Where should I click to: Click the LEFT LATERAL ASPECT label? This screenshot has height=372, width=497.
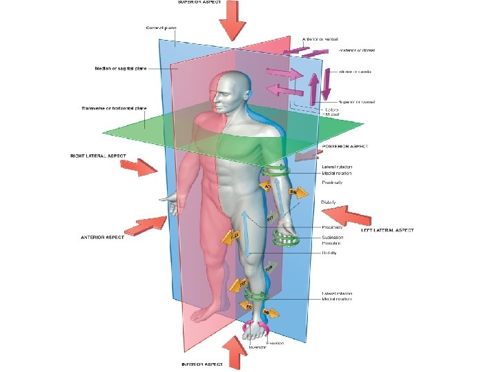point(387,231)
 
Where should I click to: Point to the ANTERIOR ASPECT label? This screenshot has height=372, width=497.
point(101,237)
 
